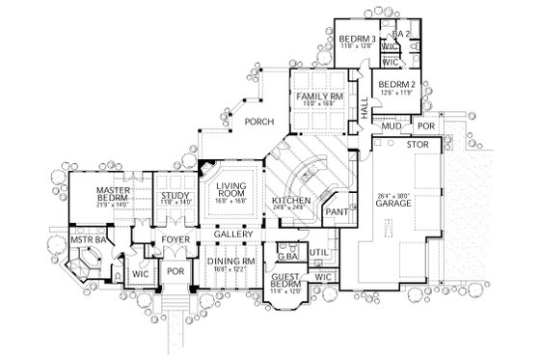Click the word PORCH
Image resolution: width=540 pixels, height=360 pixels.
258,122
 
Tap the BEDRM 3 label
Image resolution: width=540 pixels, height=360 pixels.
357,37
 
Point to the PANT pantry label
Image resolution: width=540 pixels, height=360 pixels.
337,211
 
